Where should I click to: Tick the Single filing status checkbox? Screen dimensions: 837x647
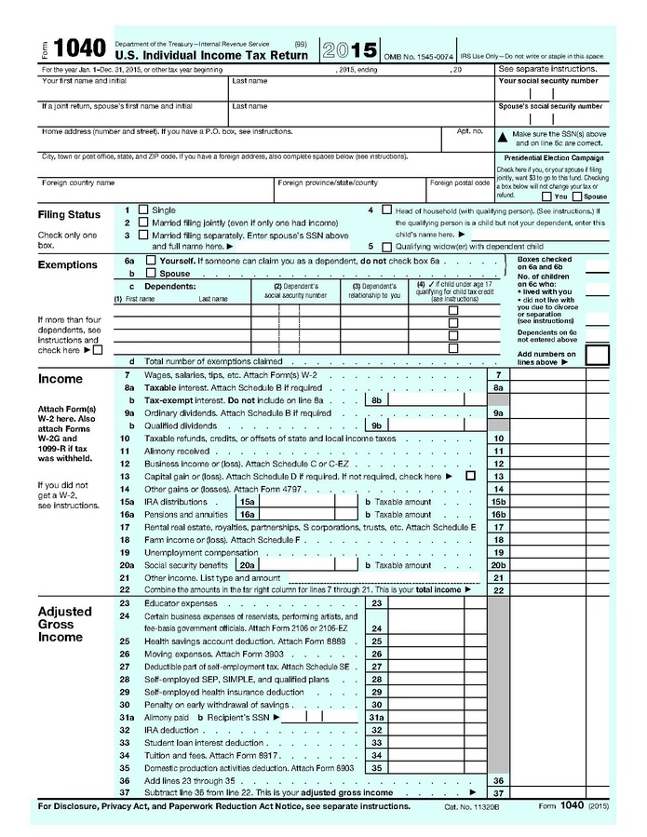(142, 210)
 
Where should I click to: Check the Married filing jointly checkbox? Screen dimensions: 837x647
(142, 223)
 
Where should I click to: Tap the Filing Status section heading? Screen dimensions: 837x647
(69, 215)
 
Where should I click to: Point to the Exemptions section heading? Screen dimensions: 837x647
(67, 264)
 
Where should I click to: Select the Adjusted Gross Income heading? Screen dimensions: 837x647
(64, 624)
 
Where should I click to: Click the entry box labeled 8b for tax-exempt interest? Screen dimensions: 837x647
(434, 399)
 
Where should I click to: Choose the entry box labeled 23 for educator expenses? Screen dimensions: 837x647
(434, 603)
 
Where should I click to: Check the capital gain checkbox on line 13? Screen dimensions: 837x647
(470, 476)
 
